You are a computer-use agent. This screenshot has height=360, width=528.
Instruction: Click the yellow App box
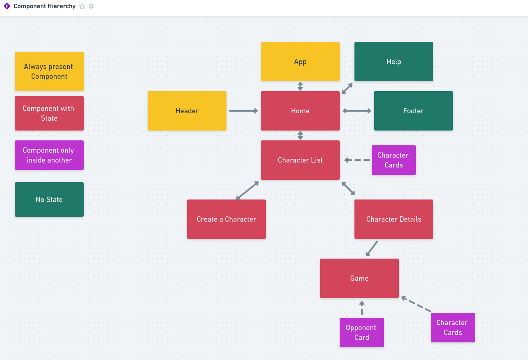[x=300, y=62]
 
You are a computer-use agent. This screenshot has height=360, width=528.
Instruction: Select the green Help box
[x=393, y=62]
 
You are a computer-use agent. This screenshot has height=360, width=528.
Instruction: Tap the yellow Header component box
[x=187, y=111]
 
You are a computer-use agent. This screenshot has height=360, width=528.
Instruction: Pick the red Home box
[x=300, y=111]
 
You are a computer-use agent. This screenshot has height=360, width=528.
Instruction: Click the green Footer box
[x=413, y=111]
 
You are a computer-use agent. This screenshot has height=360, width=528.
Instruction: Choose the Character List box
[x=300, y=160]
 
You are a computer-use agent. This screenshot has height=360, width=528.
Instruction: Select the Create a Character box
[x=226, y=219]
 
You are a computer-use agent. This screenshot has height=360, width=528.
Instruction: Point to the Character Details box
[x=393, y=219]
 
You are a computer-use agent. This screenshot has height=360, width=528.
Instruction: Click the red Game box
[x=359, y=278]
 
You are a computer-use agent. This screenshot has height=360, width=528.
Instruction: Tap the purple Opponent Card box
[x=361, y=332]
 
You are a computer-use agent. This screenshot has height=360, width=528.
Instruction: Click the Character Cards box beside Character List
[x=393, y=160]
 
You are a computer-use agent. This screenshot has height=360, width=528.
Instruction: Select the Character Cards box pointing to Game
[x=453, y=328]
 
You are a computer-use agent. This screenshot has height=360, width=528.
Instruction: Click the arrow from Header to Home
[x=243, y=111]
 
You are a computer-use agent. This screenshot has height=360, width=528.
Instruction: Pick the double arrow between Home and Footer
[x=357, y=111]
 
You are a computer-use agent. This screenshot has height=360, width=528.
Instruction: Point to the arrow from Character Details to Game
[x=372, y=248]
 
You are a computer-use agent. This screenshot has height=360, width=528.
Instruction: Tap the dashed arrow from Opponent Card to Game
[x=361, y=308]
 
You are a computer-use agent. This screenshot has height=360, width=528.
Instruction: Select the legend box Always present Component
[x=49, y=71]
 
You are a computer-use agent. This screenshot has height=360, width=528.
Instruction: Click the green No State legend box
[x=49, y=199]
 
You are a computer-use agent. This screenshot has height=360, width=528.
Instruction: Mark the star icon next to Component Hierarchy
[x=82, y=6]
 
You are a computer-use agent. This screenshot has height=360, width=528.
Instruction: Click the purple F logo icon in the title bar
[x=7, y=6]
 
